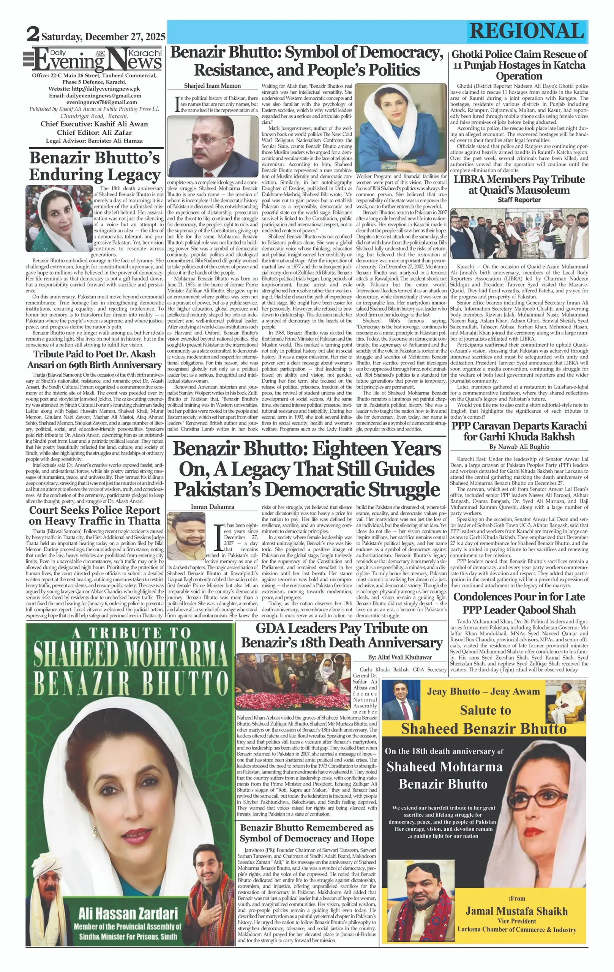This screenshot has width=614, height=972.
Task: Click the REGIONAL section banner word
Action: [527, 31]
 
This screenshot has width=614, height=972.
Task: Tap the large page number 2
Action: [33, 34]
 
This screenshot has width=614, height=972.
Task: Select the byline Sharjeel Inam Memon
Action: [212, 85]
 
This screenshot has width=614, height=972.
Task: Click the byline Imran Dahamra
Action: [212, 507]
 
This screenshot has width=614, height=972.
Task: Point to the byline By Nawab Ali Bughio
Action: [519, 447]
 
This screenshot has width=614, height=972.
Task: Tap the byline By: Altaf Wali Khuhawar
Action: [399, 657]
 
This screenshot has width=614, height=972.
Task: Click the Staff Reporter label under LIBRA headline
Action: [519, 200]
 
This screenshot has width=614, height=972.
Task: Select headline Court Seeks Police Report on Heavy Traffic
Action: [95, 516]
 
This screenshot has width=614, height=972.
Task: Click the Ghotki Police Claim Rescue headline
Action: [519, 65]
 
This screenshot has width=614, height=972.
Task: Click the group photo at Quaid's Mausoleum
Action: [519, 233]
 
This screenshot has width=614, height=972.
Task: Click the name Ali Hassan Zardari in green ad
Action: [128, 914]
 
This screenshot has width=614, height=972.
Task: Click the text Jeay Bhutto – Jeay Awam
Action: [483, 691]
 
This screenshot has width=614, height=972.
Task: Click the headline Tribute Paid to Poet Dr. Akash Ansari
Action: [95, 359]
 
